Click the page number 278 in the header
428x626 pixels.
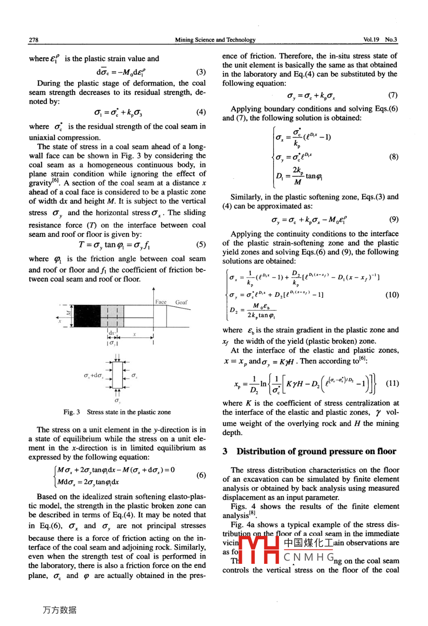(x=34, y=40)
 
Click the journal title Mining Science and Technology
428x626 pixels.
(x=215, y=40)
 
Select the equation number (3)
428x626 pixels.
(x=201, y=72)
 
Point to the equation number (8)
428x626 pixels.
(x=393, y=156)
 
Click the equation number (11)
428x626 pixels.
(x=392, y=383)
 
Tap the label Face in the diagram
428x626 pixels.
(x=161, y=302)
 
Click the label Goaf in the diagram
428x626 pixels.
(x=181, y=302)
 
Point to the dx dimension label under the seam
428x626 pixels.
(x=112, y=333)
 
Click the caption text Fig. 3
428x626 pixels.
(x=72, y=412)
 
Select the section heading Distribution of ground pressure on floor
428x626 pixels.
(x=316, y=451)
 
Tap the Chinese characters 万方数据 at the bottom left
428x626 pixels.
(x=60, y=610)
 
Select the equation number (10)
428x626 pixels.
(x=392, y=295)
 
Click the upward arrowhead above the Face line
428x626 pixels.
(x=153, y=289)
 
